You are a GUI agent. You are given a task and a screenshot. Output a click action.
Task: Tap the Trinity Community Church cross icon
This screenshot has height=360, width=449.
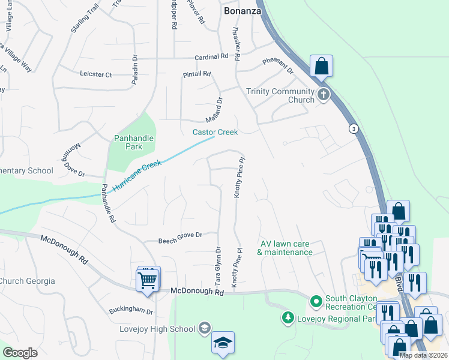[x=324, y=94]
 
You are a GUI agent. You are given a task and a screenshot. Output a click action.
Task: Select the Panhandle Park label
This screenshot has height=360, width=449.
[x=134, y=142]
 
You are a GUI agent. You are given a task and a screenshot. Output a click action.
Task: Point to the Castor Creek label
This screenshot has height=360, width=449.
[x=215, y=132]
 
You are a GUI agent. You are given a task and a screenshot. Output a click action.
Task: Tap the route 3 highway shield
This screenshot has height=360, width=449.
[x=354, y=129]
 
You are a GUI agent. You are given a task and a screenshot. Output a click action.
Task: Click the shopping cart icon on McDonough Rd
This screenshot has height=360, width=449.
[x=148, y=280]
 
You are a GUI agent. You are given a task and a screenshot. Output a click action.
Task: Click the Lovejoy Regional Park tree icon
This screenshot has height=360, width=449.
[x=289, y=317]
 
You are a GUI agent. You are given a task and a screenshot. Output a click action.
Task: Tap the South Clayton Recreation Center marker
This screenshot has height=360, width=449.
[x=316, y=299]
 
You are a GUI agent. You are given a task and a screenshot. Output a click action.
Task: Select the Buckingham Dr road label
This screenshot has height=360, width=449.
[x=131, y=311]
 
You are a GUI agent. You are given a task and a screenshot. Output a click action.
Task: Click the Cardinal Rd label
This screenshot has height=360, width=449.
[x=211, y=57]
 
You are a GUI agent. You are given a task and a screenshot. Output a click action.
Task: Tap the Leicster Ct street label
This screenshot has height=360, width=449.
[x=96, y=74]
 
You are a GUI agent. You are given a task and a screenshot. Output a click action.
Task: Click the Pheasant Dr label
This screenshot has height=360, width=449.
[x=278, y=66]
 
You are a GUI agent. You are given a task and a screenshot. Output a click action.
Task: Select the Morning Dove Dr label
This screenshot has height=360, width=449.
[x=71, y=161]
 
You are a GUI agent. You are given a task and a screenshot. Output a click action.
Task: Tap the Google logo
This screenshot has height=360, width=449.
[x=20, y=353]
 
